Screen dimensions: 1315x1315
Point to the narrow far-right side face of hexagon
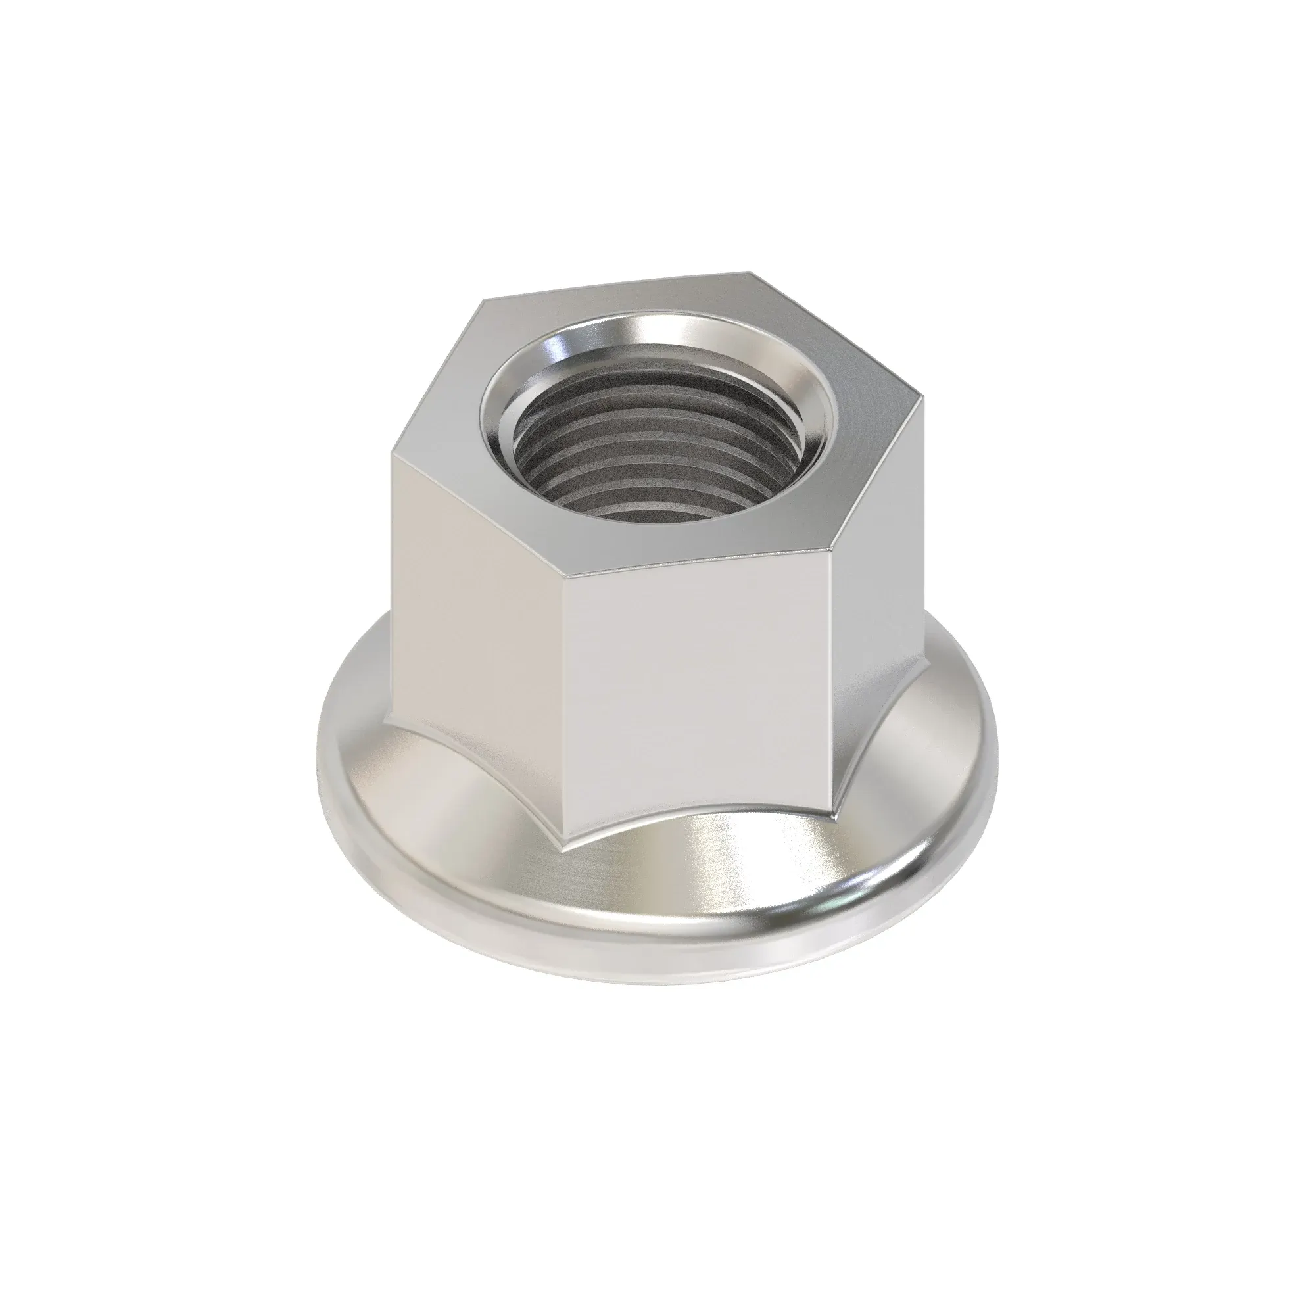point(878,599)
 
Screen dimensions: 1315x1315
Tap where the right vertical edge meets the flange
point(832,813)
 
